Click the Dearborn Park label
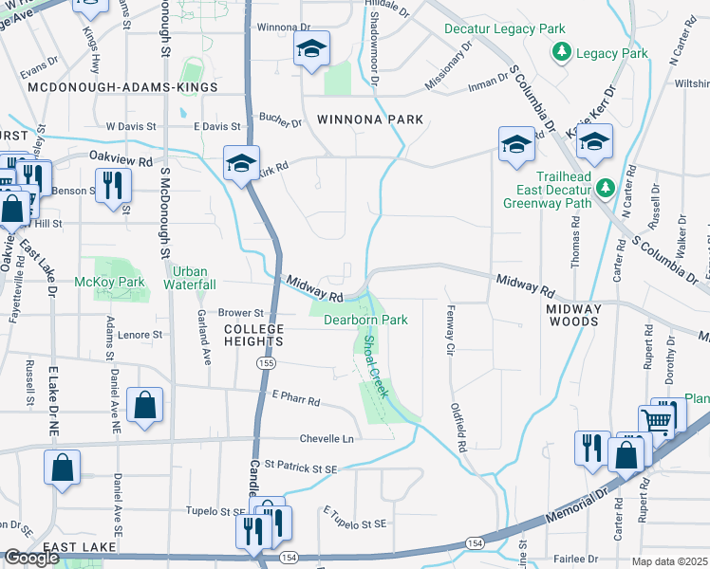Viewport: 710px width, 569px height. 365,320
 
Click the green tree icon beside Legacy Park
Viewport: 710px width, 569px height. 563,52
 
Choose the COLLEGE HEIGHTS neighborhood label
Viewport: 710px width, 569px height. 253,335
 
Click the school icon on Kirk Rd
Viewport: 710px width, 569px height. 241,163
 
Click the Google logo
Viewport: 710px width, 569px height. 31,559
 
